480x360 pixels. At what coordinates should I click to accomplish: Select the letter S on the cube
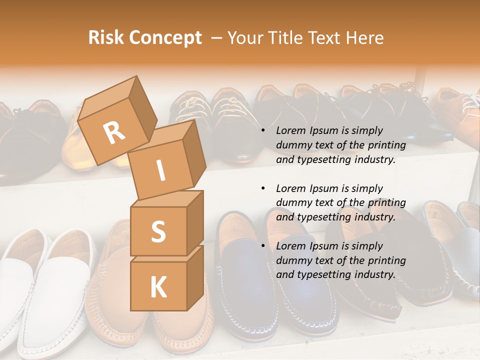[x=158, y=231]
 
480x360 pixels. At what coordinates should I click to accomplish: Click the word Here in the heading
[x=363, y=38]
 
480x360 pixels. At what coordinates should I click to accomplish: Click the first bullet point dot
[x=263, y=131]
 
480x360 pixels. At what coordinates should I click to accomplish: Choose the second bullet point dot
[x=263, y=189]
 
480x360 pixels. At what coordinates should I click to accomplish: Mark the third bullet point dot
[x=263, y=246]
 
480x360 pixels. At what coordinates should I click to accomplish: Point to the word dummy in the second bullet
[x=292, y=203]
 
